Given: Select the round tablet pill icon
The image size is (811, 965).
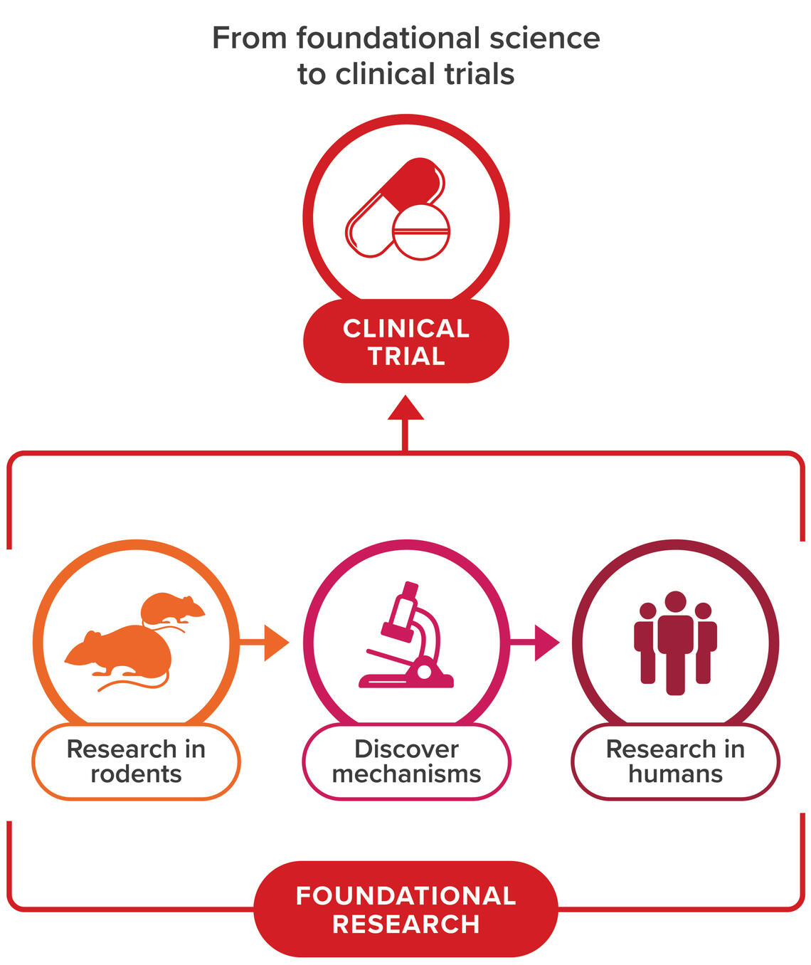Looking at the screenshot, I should point(421,233).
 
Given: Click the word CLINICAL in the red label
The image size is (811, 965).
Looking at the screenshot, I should point(406,329).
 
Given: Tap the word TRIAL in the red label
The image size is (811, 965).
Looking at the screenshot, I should point(406,356).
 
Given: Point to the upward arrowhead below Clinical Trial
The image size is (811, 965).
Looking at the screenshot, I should point(405,408).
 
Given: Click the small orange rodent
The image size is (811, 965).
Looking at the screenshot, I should point(171,608).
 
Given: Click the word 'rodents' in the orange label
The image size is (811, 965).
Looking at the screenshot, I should point(136,774).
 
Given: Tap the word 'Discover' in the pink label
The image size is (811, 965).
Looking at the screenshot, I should point(406,749).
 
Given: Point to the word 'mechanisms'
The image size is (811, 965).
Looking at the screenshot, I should point(406,774).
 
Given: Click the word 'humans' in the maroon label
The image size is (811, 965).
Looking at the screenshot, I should point(675,774).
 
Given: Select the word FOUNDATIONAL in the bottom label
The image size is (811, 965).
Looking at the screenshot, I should point(405,896).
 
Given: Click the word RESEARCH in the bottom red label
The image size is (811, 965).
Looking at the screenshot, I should point(405,924).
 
